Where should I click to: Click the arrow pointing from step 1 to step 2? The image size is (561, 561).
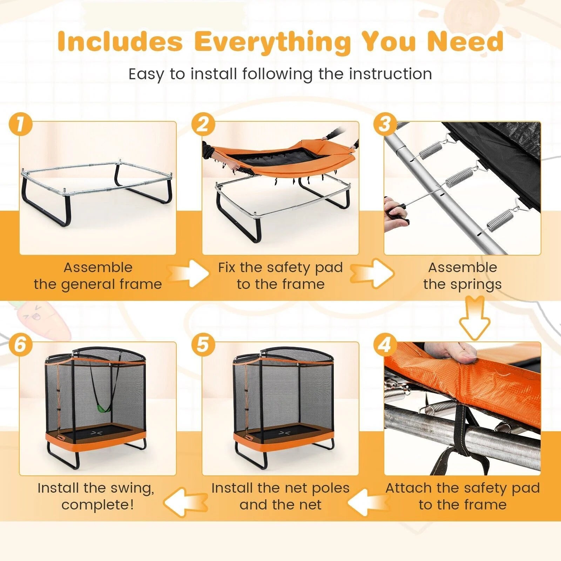(x=188, y=273)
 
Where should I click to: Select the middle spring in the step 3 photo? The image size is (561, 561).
(x=459, y=177)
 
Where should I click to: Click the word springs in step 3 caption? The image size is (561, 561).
(x=480, y=284)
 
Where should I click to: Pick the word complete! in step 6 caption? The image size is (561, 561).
(x=97, y=505)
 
